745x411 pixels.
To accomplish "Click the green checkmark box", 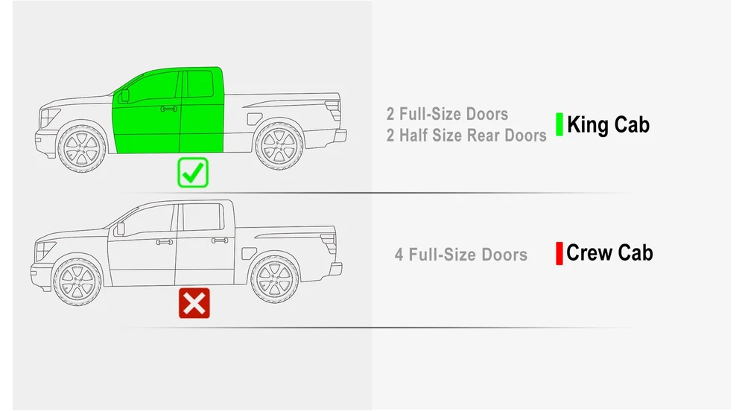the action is click(x=193, y=172).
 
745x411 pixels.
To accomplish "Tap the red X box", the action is click(x=194, y=303).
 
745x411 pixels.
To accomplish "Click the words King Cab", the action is click(x=608, y=125).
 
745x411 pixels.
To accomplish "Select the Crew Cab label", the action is click(x=609, y=252).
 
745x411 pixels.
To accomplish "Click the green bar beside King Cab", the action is click(x=559, y=124).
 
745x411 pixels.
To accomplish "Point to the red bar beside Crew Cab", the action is click(x=559, y=253).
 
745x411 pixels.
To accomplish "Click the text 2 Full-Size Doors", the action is click(x=447, y=114).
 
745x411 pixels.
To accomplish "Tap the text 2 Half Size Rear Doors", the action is click(x=466, y=136).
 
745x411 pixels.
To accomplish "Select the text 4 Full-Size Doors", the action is click(x=461, y=255).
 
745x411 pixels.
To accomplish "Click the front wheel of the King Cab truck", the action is click(x=82, y=149).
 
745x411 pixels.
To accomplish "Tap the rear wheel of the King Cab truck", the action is click(x=279, y=146).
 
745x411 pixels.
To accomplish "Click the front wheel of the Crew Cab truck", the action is click(x=77, y=282).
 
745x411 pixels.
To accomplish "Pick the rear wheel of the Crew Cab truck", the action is click(x=275, y=279).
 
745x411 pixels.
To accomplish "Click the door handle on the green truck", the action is click(x=168, y=109).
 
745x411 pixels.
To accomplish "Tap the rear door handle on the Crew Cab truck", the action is click(x=220, y=240).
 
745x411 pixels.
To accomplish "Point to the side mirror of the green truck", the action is click(x=125, y=95).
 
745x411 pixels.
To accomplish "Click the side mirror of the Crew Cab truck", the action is click(x=121, y=229).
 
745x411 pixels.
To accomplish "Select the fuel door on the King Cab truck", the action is click(x=253, y=119).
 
